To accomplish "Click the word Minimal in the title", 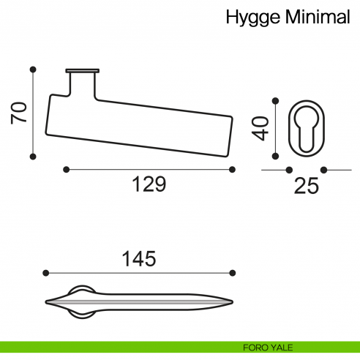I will click(319, 17).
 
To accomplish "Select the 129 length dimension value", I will click(149, 184).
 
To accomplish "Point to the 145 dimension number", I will click(139, 258).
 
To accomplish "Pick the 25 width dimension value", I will click(307, 187).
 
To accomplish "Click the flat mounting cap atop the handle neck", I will click(82, 71).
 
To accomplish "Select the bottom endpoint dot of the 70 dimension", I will click(33, 156).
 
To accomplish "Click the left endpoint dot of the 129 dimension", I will click(66, 170).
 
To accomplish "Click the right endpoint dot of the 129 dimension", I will click(233, 170).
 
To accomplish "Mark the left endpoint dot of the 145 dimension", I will click(46, 273).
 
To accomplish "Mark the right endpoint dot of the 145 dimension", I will click(233, 273).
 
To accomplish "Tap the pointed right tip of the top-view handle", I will click(233, 300).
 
